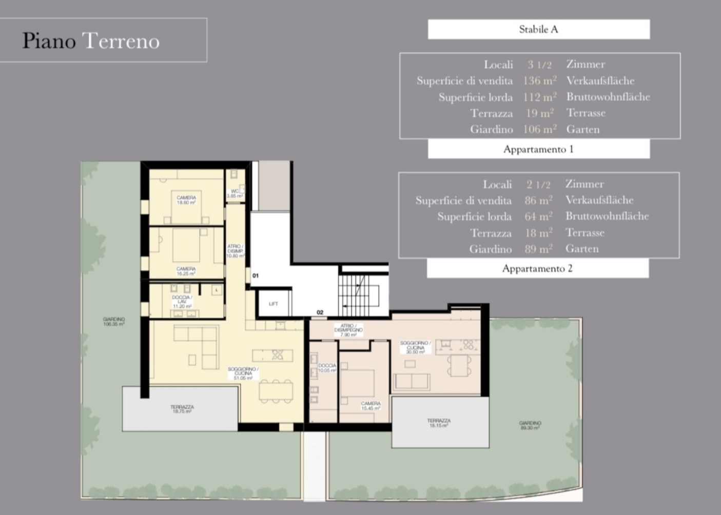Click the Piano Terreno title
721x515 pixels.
tap(91, 41)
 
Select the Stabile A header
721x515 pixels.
tap(538, 29)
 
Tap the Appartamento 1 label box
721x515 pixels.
tap(538, 149)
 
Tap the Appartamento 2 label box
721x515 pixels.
tap(537, 268)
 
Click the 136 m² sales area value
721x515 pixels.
tap(539, 81)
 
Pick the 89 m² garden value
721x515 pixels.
tap(538, 249)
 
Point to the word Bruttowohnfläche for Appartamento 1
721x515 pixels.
tap(608, 97)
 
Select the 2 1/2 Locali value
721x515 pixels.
tap(538, 184)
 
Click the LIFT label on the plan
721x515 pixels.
tap(274, 304)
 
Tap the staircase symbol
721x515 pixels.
tap(359, 295)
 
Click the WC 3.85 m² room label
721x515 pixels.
tap(235, 193)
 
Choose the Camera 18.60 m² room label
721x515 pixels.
tap(186, 200)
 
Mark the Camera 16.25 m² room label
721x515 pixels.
tap(186, 271)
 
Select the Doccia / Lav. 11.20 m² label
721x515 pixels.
tap(182, 302)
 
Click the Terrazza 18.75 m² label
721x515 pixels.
tap(182, 409)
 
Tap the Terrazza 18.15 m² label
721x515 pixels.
tap(439, 423)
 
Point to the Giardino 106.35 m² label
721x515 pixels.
tap(113, 322)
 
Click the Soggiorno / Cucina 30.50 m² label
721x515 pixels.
tap(415, 347)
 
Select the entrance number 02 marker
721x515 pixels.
tap(320, 312)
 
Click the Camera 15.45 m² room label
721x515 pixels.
tap(371, 406)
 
